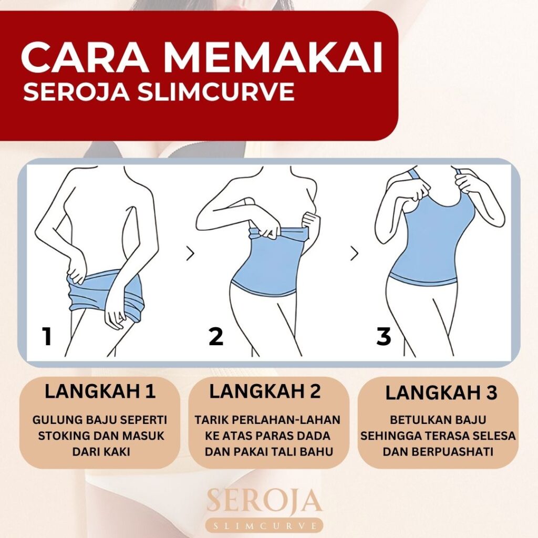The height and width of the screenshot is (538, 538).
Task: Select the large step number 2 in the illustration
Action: click(216, 336)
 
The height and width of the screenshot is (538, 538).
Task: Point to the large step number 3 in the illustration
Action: click(384, 336)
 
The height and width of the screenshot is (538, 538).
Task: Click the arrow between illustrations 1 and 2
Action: click(190, 253)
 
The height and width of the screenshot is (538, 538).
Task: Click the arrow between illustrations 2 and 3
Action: click(354, 253)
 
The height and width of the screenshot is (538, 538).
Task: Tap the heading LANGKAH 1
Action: click(100, 391)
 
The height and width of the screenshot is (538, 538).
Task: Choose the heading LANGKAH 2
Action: click(265, 391)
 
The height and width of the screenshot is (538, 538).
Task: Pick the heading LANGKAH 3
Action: click(441, 393)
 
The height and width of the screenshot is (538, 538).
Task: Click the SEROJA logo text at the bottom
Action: click(265, 502)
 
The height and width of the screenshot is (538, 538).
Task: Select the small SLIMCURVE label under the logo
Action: click(265, 526)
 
